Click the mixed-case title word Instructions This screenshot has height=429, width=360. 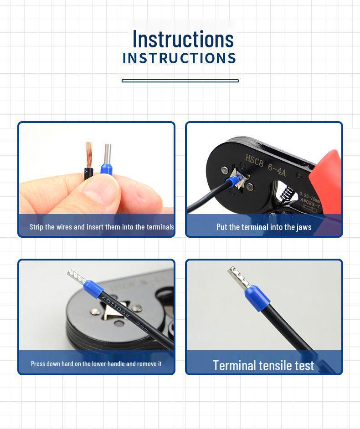tap(183, 39)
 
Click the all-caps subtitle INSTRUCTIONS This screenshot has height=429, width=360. tap(179, 58)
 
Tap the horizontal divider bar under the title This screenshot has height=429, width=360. tap(180, 81)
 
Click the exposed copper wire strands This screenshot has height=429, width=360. tap(89, 154)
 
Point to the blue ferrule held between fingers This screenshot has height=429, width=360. tap(107, 169)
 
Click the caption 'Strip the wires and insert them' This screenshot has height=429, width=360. tap(101, 227)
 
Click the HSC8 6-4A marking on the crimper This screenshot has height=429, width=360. tap(266, 165)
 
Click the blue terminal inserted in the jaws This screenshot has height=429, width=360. tap(233, 182)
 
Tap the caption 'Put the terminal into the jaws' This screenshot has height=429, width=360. tap(264, 227)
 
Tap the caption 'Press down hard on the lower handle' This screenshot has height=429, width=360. tap(96, 364)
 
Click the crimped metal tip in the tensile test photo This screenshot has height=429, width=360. tap(239, 277)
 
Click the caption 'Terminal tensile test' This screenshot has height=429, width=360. tap(263, 365)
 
